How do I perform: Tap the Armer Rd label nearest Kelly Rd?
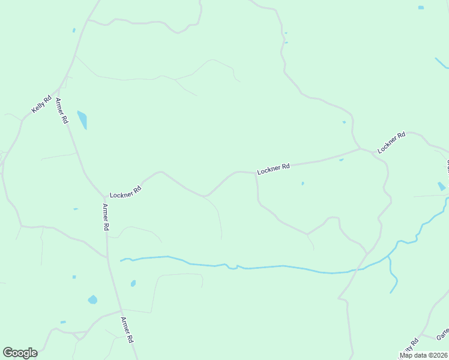point(62,110)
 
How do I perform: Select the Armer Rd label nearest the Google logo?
point(127,329)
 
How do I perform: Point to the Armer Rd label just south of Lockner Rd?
point(106,217)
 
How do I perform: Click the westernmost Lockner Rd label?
point(125,191)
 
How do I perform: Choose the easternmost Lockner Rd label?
point(391,142)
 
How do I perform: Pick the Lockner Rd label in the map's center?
point(273,169)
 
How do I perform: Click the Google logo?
point(20,353)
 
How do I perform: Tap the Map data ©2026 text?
point(424,355)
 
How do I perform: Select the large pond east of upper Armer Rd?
point(82,119)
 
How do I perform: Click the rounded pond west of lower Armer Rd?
point(92,299)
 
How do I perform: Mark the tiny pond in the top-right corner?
point(421,7)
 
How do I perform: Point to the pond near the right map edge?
point(442,186)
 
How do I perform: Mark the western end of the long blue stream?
point(122,260)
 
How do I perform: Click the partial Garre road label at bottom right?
point(442,334)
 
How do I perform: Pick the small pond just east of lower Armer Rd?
point(133,283)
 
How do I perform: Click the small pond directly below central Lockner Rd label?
point(303,184)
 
